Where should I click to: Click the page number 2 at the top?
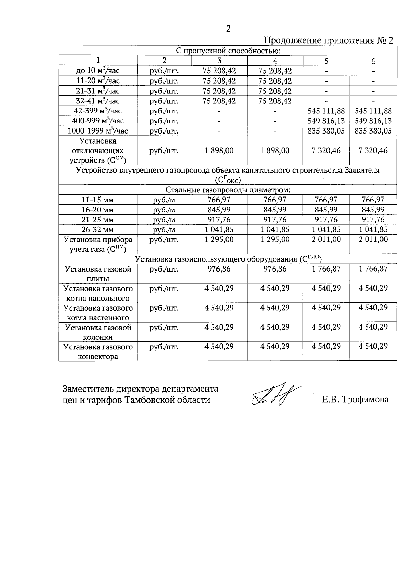point(228,29)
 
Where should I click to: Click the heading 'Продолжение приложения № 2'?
point(329,40)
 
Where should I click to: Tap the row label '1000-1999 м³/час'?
point(98,131)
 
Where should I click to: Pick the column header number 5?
point(326,61)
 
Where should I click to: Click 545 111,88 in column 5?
point(326,111)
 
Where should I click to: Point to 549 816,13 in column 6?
point(373,121)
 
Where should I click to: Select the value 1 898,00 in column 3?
point(219,150)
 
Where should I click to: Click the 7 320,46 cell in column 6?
point(373,150)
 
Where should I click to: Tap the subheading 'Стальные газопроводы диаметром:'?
point(228,190)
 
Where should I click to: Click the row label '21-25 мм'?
point(98,220)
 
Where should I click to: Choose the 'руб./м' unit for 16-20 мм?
point(164,210)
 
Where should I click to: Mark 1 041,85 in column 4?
point(275,229)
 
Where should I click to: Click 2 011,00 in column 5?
point(326,239)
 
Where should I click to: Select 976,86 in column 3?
point(219,269)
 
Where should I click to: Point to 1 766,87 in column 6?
point(373,269)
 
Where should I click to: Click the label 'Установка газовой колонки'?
point(98,332)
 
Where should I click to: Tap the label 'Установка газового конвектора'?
point(98,351)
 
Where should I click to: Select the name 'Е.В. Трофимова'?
point(355,400)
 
